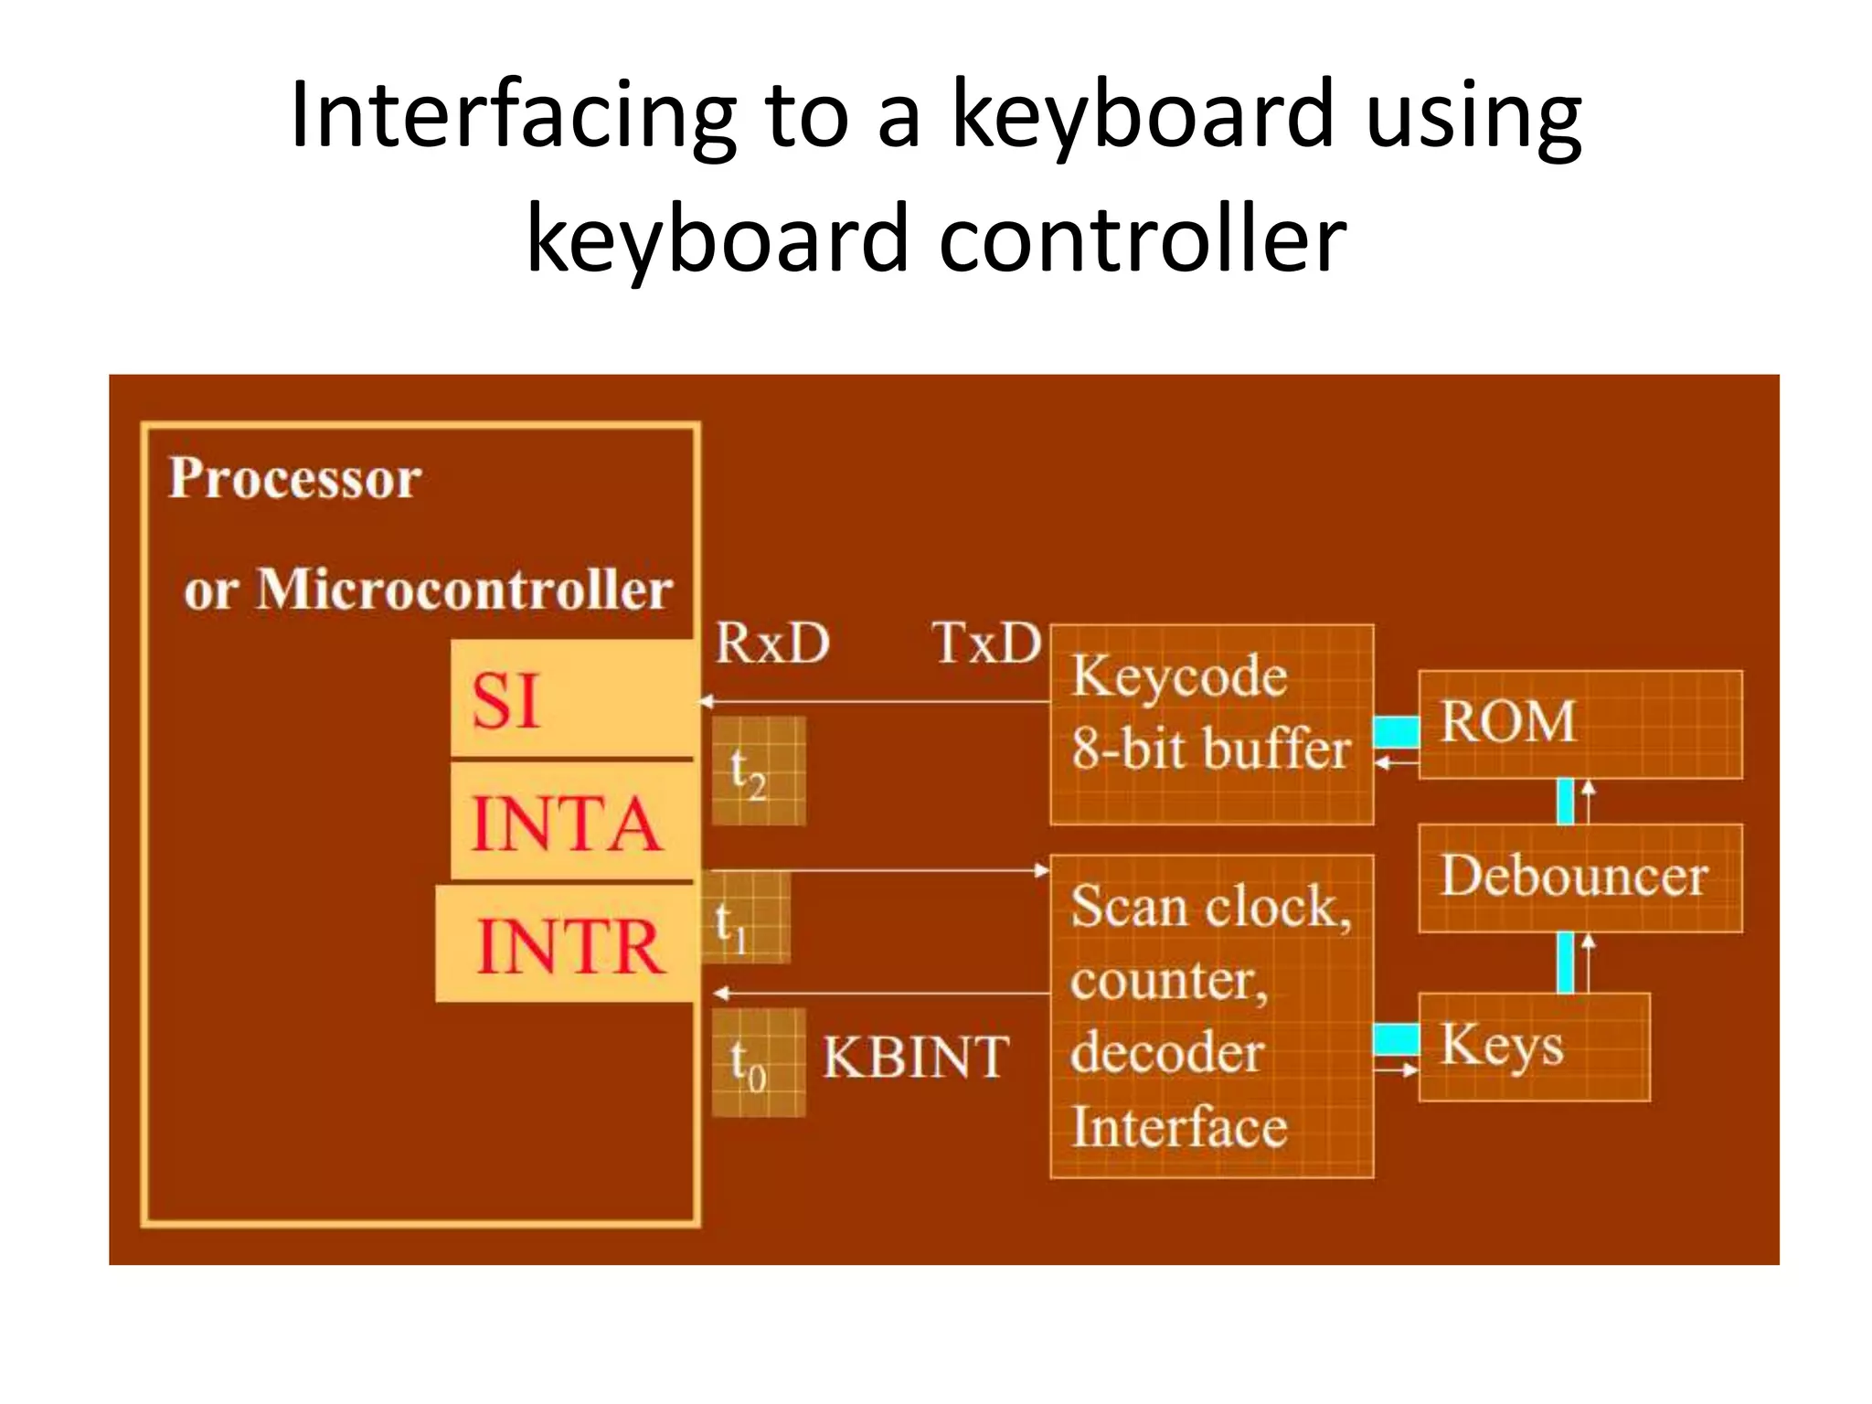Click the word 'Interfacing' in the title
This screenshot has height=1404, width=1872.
click(512, 117)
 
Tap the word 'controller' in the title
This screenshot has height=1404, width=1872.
click(1143, 239)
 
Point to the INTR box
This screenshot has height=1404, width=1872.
click(567, 945)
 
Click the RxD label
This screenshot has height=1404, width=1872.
click(771, 643)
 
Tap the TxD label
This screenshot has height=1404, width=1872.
click(986, 643)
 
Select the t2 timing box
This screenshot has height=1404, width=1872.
click(758, 771)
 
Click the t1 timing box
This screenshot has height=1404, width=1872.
click(743, 917)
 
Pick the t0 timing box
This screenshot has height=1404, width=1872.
click(758, 1062)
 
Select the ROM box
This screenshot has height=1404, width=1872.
click(1579, 724)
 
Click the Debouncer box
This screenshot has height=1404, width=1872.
click(1579, 877)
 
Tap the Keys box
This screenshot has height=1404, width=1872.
click(1533, 1047)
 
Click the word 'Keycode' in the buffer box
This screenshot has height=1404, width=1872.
click(1179, 677)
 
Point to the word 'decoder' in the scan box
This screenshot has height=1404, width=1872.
click(1167, 1053)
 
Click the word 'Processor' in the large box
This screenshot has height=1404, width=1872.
click(295, 478)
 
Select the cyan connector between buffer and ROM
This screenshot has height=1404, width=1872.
click(1396, 731)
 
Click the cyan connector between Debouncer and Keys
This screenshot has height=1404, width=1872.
click(1565, 963)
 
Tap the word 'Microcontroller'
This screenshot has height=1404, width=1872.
click(464, 590)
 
